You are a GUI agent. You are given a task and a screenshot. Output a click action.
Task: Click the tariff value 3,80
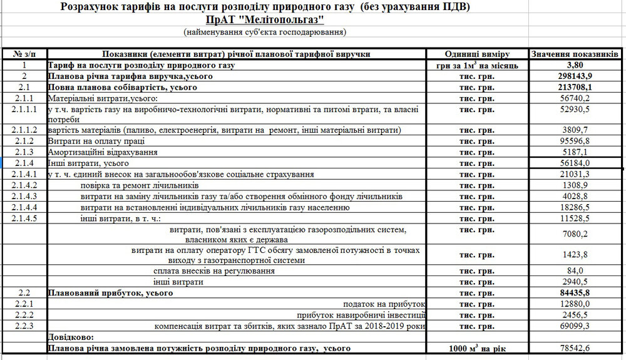click(x=575, y=64)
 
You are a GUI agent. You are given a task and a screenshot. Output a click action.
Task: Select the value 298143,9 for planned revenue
click(x=575, y=76)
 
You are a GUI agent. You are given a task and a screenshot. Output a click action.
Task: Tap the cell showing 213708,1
click(x=575, y=87)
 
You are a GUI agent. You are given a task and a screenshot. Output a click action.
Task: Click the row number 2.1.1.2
click(x=24, y=130)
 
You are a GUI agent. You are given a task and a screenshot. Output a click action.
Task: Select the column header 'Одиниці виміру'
click(x=477, y=54)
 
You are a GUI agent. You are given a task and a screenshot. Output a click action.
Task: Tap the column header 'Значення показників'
click(x=575, y=54)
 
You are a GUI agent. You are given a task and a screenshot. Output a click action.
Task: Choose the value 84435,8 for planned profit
click(x=575, y=292)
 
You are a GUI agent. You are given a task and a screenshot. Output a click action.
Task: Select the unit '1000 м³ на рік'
click(x=477, y=348)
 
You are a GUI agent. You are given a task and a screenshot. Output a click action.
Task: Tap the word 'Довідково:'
click(x=71, y=337)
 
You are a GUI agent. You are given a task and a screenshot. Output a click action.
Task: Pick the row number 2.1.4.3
click(x=24, y=197)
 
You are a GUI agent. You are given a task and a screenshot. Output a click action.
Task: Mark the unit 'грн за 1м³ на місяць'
click(x=477, y=65)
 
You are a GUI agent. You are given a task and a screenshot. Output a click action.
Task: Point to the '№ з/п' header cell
click(x=24, y=54)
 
